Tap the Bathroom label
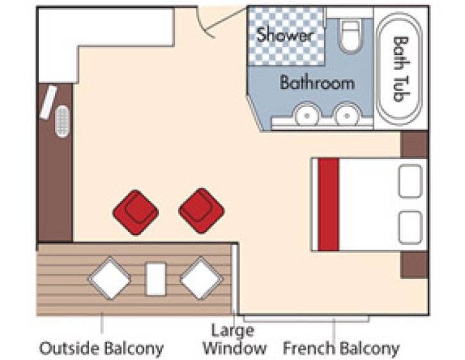click(316, 83)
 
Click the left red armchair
click(135, 211)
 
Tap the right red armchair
click(201, 210)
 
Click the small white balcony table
click(156, 279)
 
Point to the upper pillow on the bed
click(411, 181)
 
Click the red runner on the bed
click(329, 204)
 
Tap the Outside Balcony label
click(101, 348)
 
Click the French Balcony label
click(341, 348)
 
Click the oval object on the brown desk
click(62, 120)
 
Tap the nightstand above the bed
click(414, 144)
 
